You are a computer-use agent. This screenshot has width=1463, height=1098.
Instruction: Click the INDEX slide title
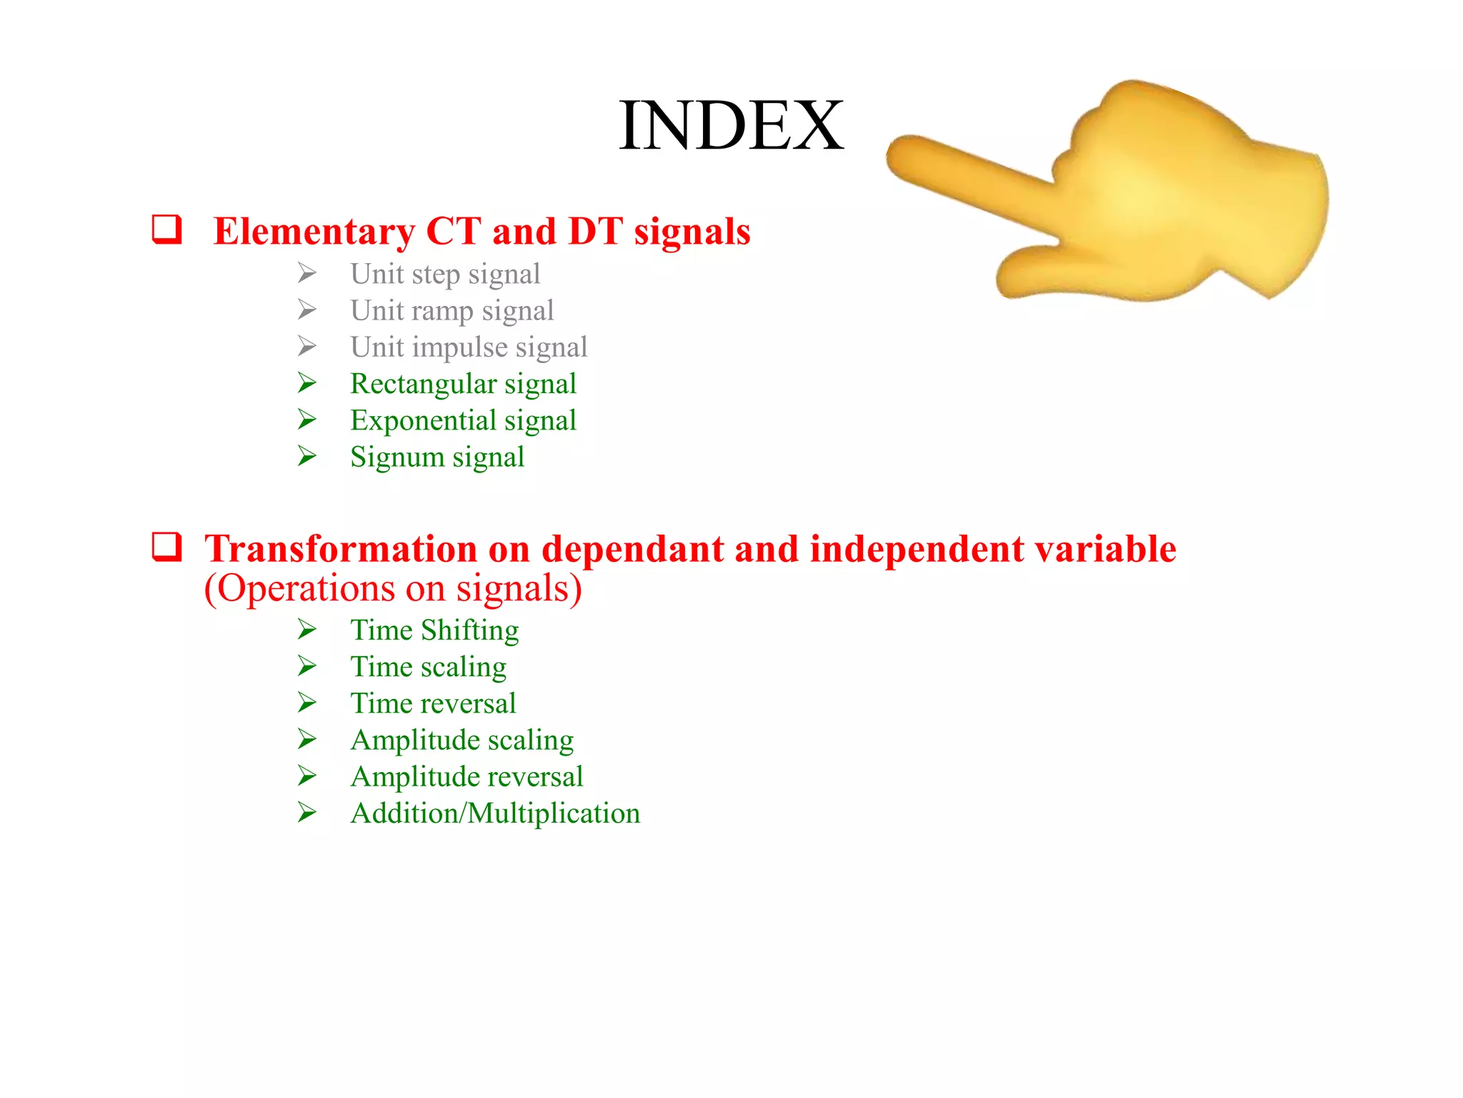pos(731,126)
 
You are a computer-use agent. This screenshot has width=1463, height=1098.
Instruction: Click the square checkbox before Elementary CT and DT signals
pos(166,230)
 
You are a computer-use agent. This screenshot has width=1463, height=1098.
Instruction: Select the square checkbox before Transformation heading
pos(166,548)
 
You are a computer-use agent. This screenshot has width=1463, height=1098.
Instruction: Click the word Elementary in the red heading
pos(314,232)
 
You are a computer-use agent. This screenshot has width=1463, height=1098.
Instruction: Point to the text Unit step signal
pos(444,274)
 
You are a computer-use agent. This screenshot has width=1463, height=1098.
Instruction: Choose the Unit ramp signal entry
pos(451,311)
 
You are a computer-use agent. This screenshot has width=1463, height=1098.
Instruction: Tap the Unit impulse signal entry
pos(468,347)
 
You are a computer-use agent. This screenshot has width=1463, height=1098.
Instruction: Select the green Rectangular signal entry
pos(462,385)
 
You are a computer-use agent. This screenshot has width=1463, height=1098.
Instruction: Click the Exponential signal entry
pos(462,421)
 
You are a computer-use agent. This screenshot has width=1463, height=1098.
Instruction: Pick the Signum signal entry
pos(436,457)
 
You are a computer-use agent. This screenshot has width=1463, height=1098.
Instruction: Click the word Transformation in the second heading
pos(340,549)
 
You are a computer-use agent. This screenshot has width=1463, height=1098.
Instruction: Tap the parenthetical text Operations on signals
pos(393,589)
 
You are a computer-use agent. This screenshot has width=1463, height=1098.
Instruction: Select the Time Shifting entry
pos(434,630)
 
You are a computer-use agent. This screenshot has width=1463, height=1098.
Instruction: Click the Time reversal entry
pos(432,703)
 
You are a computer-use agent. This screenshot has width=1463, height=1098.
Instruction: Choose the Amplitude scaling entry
pos(461,741)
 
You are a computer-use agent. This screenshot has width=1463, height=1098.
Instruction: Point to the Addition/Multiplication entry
pos(494,813)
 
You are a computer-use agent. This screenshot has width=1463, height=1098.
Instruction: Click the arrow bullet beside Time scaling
pos(307,666)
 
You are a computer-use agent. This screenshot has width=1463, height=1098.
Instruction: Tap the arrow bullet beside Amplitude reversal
pos(307,776)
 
